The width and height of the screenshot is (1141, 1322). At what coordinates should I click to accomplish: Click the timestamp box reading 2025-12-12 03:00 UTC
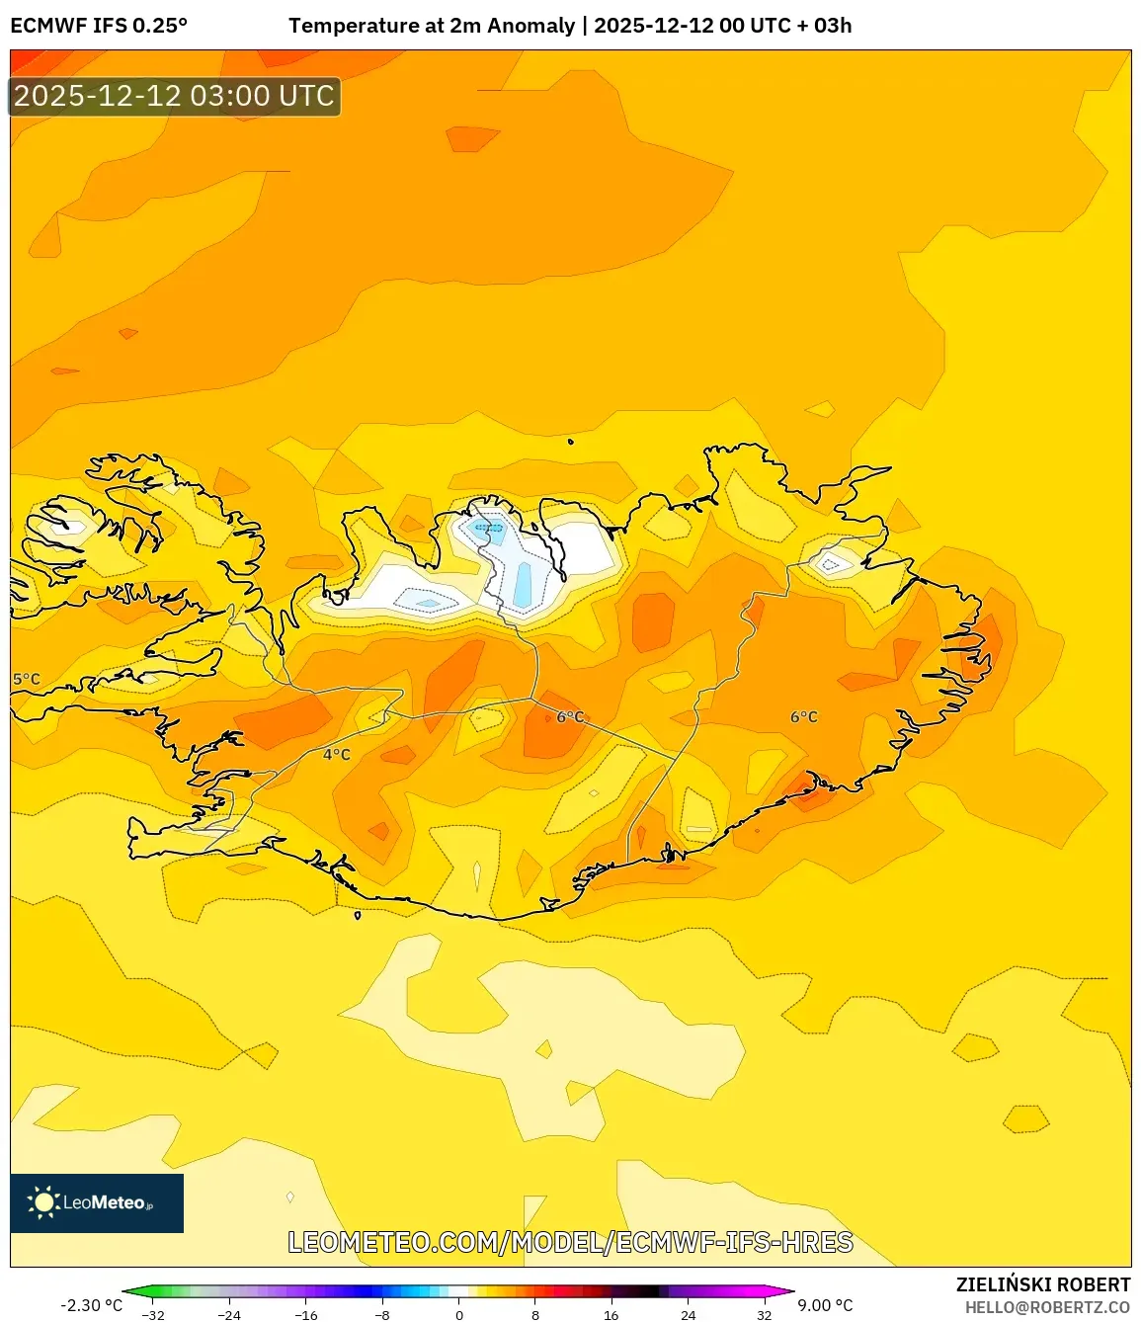click(x=175, y=97)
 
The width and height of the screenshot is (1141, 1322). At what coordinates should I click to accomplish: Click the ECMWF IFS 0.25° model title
click(x=99, y=26)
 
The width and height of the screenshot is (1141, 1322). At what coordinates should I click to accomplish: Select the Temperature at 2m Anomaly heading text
click(x=432, y=26)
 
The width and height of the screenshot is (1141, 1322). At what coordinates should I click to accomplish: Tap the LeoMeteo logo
click(x=97, y=1202)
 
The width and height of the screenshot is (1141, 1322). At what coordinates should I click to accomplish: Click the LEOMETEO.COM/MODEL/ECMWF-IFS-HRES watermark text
click(x=570, y=1243)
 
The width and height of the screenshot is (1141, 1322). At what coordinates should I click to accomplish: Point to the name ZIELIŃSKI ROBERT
click(x=1043, y=1284)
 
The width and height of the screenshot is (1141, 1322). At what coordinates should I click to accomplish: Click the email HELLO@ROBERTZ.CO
click(x=1047, y=1307)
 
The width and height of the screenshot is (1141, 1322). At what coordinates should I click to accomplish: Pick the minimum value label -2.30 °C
click(x=92, y=1305)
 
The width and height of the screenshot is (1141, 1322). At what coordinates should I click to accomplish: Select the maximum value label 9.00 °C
click(x=825, y=1305)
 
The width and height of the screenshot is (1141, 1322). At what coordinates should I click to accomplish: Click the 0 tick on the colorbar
click(x=459, y=1315)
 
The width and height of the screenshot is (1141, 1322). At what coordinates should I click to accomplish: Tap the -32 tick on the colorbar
click(x=153, y=1315)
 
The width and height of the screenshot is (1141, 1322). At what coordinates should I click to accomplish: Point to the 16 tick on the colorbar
click(x=611, y=1315)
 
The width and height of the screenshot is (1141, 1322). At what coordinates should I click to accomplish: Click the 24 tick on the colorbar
click(x=689, y=1315)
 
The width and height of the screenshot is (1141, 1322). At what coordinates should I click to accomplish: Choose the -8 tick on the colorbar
click(x=382, y=1315)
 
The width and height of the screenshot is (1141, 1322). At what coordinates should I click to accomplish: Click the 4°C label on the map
click(x=337, y=755)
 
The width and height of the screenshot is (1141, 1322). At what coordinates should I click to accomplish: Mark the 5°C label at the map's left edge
click(x=27, y=680)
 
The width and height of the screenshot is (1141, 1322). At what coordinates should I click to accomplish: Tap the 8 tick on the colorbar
click(x=535, y=1315)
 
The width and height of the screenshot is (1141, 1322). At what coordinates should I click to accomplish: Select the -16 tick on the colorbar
click(x=306, y=1315)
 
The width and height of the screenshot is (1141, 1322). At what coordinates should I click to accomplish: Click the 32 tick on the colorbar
click(x=765, y=1315)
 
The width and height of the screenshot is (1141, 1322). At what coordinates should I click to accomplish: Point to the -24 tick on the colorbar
click(x=229, y=1315)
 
